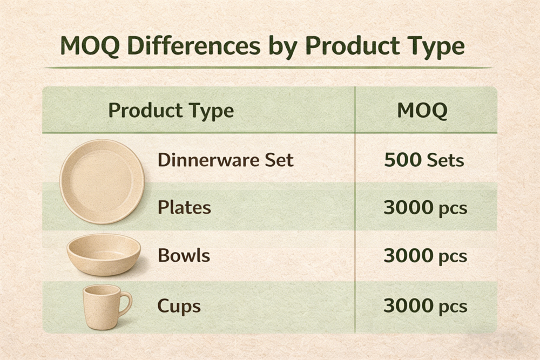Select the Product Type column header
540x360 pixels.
click(x=171, y=111)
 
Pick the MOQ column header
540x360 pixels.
click(x=422, y=111)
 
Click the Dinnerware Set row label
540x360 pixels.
click(x=225, y=160)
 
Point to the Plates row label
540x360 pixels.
click(x=184, y=207)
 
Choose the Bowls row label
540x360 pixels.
click(x=184, y=255)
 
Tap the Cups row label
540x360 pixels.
click(x=179, y=306)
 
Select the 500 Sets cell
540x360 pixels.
click(x=424, y=160)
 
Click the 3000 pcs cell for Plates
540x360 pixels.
click(x=425, y=208)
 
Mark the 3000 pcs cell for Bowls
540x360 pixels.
click(x=425, y=256)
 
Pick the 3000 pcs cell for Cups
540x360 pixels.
click(x=425, y=306)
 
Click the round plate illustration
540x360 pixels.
click(x=102, y=180)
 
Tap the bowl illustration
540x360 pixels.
click(x=104, y=254)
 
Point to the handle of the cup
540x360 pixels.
click(x=125, y=303)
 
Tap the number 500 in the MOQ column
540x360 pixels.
click(x=402, y=160)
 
